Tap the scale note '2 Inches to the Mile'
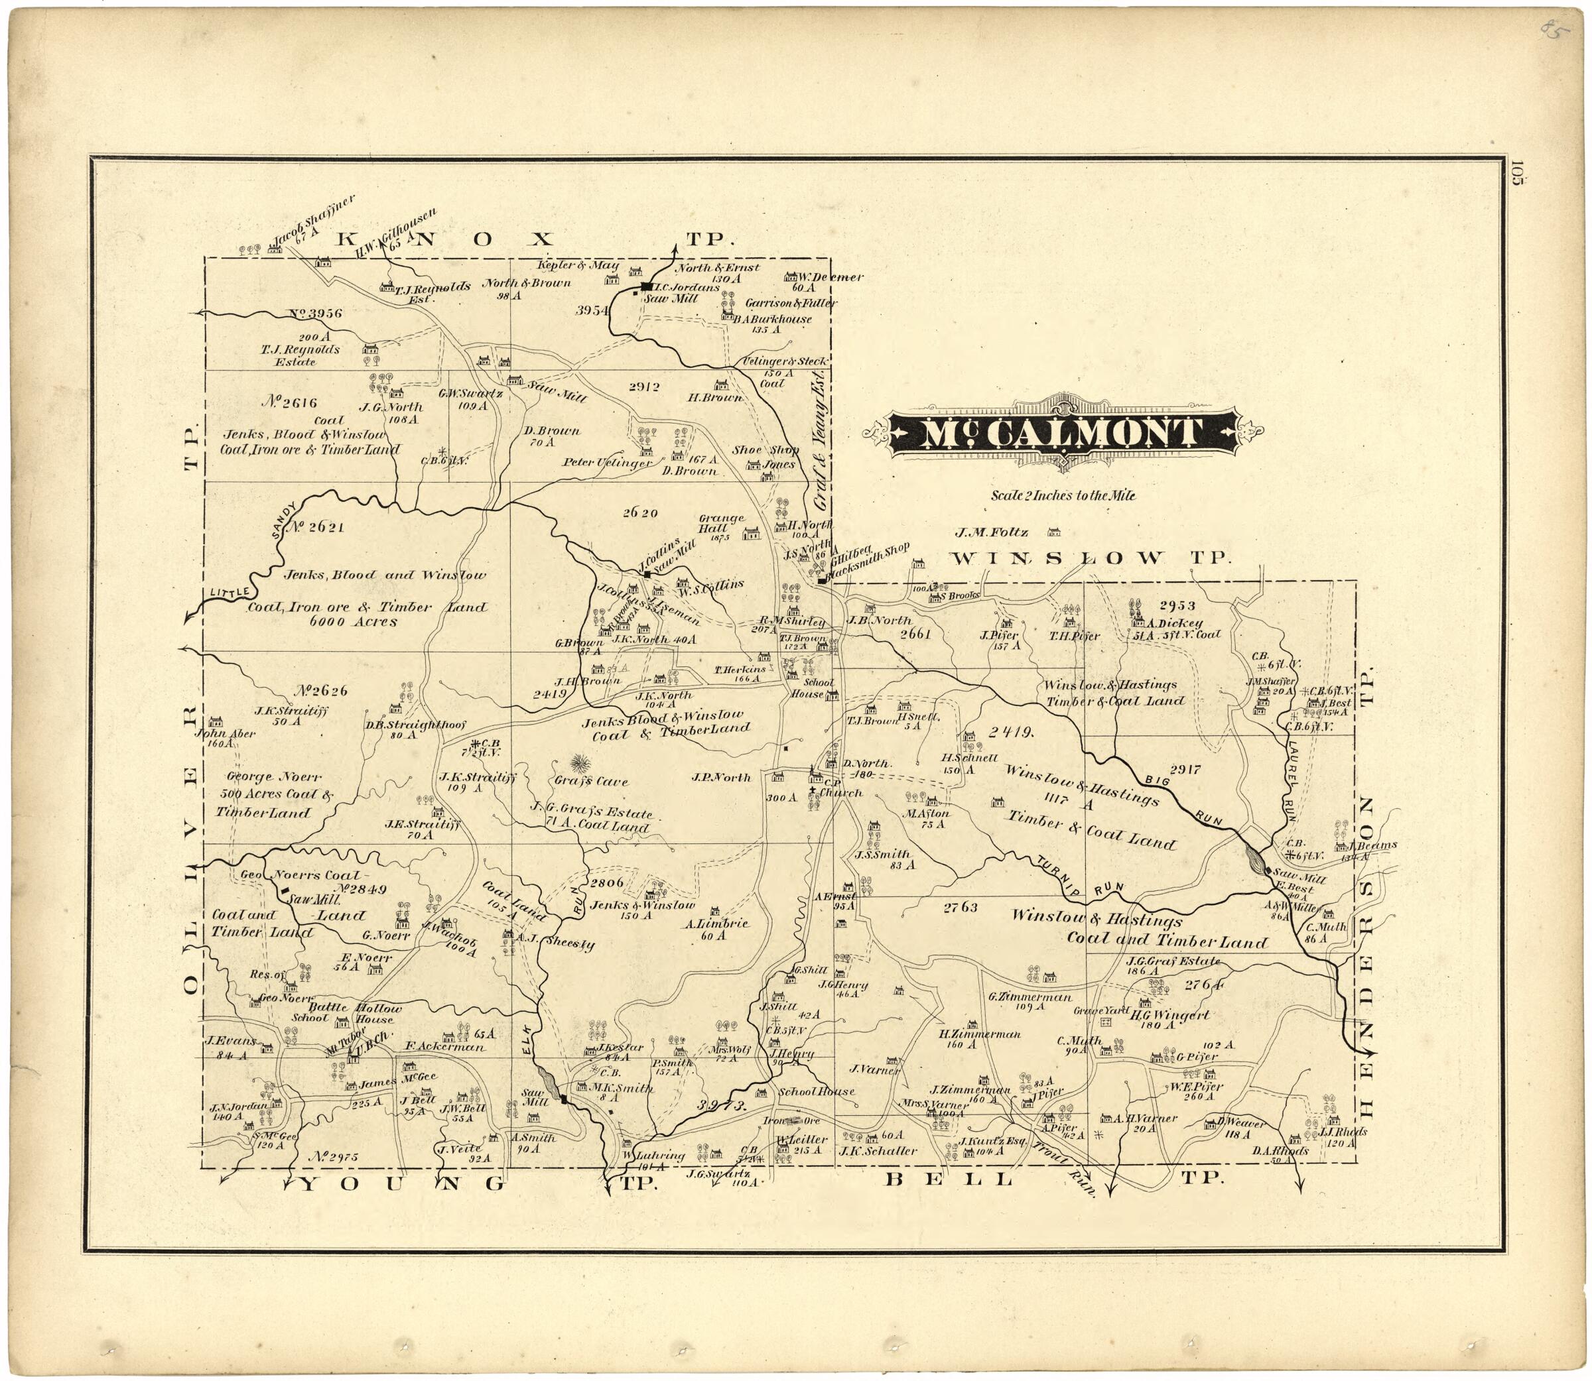pyautogui.click(x=1063, y=495)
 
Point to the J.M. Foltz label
pyautogui.click(x=988, y=532)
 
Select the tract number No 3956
pyautogui.click(x=315, y=314)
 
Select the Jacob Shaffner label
pyautogui.click(x=314, y=223)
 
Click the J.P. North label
pyautogui.click(x=721, y=778)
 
